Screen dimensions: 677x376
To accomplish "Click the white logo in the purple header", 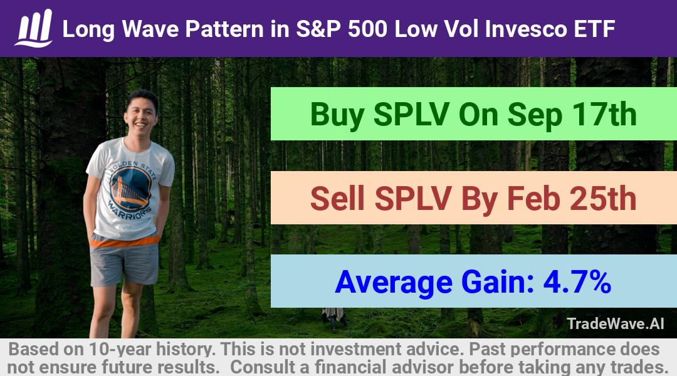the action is pos(34,28).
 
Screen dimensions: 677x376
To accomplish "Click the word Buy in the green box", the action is pos(337,115).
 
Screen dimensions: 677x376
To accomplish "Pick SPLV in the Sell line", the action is pos(412,199).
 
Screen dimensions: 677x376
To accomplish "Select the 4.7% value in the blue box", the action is pos(577,282).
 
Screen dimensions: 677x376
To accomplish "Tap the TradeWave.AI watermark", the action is pos(616,323).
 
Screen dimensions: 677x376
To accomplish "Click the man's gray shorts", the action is pos(124,264).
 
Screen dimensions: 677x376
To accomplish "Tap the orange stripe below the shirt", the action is pos(124,241).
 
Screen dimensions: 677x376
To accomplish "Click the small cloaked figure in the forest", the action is pos(333,318).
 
